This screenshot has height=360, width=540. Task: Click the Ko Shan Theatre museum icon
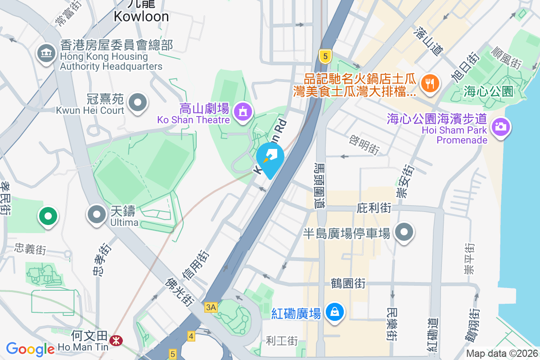click(x=243, y=111)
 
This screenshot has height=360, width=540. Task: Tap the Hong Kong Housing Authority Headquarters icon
click(x=45, y=54)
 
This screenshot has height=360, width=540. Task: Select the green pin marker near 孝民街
click(x=48, y=216)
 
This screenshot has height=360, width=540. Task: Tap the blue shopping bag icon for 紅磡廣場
click(x=335, y=311)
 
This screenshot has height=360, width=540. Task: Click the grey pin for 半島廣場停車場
click(x=404, y=232)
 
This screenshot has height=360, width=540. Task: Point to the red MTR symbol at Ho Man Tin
click(x=116, y=341)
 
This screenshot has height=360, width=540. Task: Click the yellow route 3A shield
click(x=211, y=307)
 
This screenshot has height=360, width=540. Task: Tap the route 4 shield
click(x=191, y=336)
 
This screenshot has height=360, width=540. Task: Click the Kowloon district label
click(x=141, y=16)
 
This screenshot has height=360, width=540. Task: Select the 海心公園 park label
click(x=488, y=92)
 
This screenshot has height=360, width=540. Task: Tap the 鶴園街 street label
click(x=347, y=283)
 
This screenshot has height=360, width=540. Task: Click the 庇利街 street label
click(x=374, y=208)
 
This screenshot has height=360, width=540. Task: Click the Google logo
click(x=31, y=349)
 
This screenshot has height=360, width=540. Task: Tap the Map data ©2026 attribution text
click(x=501, y=353)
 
